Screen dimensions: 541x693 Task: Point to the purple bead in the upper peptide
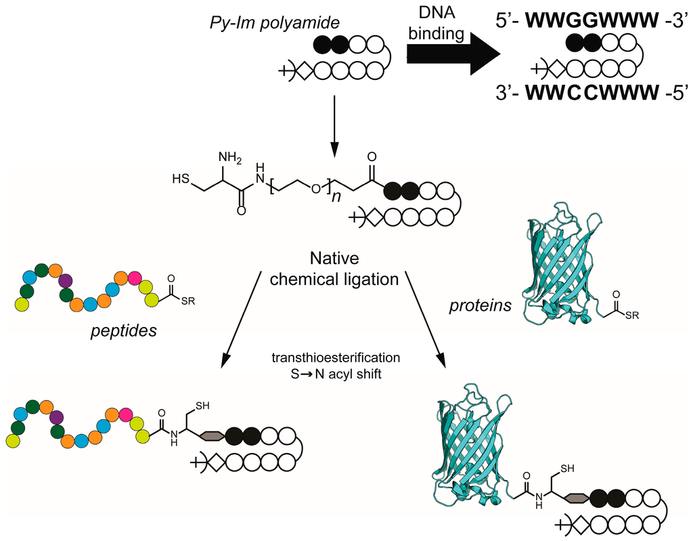point(66,280)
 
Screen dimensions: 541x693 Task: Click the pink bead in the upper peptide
point(135,278)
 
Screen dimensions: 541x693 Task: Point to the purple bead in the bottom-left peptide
point(57,416)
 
